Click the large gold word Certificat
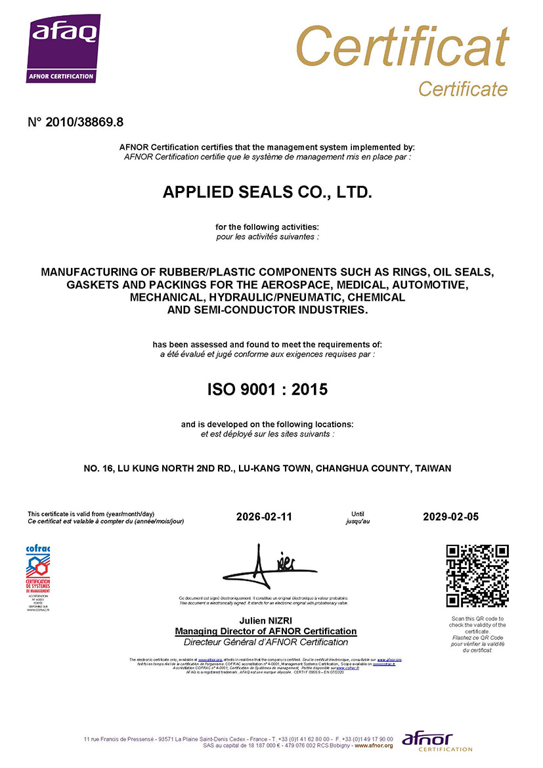pos(402,47)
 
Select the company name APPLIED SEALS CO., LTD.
pos(267,192)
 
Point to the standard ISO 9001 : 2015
pos(267,389)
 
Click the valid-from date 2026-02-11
pos(264,517)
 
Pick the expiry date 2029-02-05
pos(451,517)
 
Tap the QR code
pos(477,576)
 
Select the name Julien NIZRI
pos(266,620)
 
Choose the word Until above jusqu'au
pos(358,514)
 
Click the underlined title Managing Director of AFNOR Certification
pos(266,631)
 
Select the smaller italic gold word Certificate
pos(463,89)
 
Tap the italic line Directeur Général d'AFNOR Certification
pos(266,642)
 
